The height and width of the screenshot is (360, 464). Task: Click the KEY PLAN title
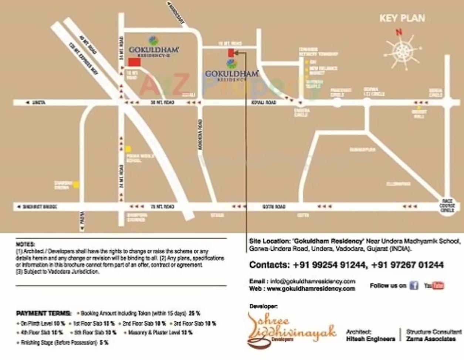pyautogui.click(x=402, y=18)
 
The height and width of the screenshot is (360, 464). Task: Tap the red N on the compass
pyautogui.click(x=399, y=33)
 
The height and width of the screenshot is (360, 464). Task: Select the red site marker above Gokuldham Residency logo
pyautogui.click(x=231, y=53)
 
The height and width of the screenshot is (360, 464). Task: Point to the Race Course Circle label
pyautogui.click(x=447, y=206)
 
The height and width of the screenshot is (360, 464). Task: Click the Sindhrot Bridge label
pyautogui.click(x=40, y=207)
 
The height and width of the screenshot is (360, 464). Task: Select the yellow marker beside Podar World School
pyautogui.click(x=128, y=149)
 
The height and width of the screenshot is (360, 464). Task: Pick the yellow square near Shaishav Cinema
pyautogui.click(x=76, y=184)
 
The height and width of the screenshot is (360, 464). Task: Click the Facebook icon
pyautogui.click(x=414, y=285)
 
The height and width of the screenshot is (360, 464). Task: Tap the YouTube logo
pyautogui.click(x=434, y=285)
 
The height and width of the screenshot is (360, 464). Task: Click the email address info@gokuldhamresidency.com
pyautogui.click(x=312, y=281)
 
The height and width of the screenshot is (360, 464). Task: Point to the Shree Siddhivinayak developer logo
pyautogui.click(x=292, y=330)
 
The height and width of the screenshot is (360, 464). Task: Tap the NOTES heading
pyautogui.click(x=26, y=244)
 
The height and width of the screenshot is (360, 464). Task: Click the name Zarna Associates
pyautogui.click(x=431, y=339)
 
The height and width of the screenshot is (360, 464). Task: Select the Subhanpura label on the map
pyautogui.click(x=362, y=150)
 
